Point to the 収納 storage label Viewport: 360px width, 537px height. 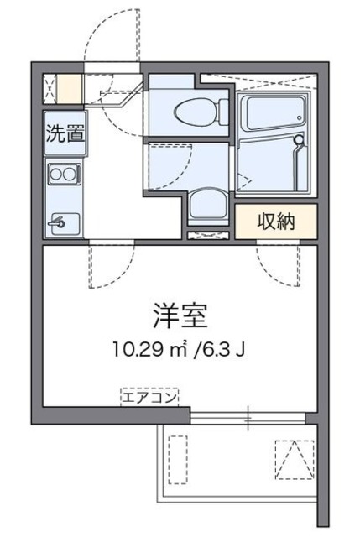(276, 222)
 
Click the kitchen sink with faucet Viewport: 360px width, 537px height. (63, 222)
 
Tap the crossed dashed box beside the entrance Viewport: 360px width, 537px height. (48, 86)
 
